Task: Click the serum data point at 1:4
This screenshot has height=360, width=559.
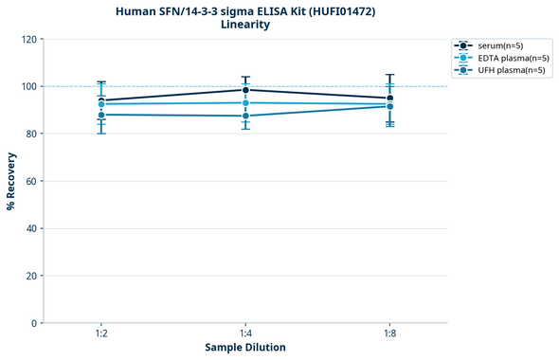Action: [x=245, y=90]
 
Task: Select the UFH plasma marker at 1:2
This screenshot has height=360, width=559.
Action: [x=101, y=115]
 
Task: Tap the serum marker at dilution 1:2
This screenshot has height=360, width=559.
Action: [x=101, y=100]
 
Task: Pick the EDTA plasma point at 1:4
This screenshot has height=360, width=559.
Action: [x=245, y=103]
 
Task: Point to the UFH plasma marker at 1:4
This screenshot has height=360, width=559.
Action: [x=245, y=116]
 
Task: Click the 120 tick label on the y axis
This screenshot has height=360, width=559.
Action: [x=28, y=39]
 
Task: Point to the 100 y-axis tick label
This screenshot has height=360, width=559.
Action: [x=28, y=86]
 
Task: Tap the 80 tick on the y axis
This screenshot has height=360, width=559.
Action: [x=31, y=134]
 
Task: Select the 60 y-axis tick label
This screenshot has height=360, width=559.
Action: [x=31, y=181]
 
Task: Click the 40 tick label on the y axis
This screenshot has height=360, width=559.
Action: [x=31, y=228]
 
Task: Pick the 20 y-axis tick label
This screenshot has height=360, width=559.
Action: [x=31, y=276]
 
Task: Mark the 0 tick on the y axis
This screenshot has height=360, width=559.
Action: [x=34, y=323]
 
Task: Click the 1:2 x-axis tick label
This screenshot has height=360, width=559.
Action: [x=101, y=334]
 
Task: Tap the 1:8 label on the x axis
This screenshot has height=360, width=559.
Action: [x=389, y=334]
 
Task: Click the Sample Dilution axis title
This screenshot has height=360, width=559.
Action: [x=245, y=348]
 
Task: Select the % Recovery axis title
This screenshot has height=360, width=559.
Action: [x=11, y=181]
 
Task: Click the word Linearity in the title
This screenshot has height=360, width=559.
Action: [x=244, y=25]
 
